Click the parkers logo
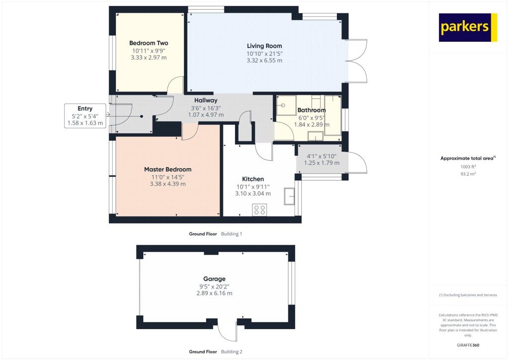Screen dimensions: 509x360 [468, 27]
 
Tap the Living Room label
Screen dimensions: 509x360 [264, 46]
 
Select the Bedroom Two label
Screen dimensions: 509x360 [149, 43]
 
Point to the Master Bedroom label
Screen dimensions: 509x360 [168, 169]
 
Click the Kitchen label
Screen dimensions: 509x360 [253, 179]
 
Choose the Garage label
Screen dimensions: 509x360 [214, 279]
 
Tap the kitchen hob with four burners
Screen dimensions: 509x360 [259, 210]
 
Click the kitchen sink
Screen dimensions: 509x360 [289, 196]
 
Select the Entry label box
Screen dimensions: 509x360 [85, 115]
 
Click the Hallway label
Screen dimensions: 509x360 [206, 100]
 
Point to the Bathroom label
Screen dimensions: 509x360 [312, 110]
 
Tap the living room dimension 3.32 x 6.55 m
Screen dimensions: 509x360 [264, 60]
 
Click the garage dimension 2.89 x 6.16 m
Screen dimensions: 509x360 [214, 293]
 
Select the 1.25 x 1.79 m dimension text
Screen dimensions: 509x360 [322, 163]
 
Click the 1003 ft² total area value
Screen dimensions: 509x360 [468, 167]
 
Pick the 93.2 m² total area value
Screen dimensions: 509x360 [468, 174]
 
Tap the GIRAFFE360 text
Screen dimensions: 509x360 [468, 345]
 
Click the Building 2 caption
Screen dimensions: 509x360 [232, 352]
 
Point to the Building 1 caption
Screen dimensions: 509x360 [232, 234]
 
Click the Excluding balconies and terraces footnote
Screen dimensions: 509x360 [468, 295]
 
